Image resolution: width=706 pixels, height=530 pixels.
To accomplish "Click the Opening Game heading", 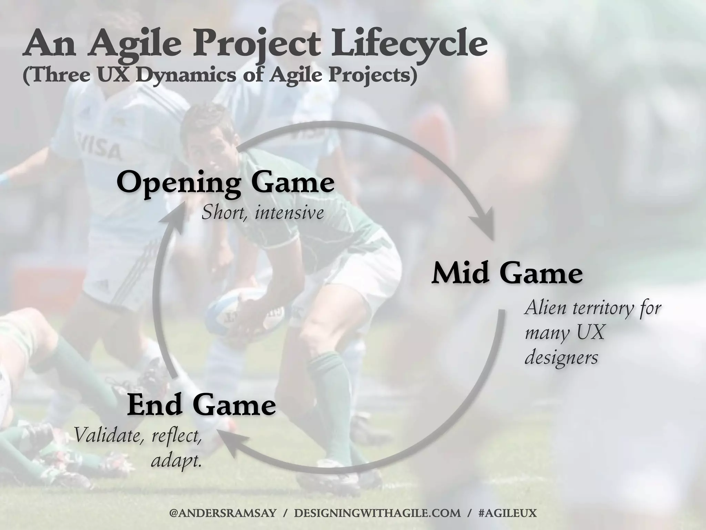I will tap(225, 183).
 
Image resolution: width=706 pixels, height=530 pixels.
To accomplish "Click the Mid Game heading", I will tap(507, 274).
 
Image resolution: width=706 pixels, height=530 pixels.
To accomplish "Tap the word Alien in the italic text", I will tap(545, 308).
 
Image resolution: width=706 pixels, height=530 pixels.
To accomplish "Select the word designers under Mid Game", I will tap(561, 358).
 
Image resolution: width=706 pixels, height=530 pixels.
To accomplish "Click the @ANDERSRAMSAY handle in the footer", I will tap(223, 513).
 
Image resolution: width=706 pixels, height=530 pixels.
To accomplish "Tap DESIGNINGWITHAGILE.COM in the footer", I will tap(377, 513).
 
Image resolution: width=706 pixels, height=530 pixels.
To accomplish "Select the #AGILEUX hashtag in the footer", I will tap(508, 513).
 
